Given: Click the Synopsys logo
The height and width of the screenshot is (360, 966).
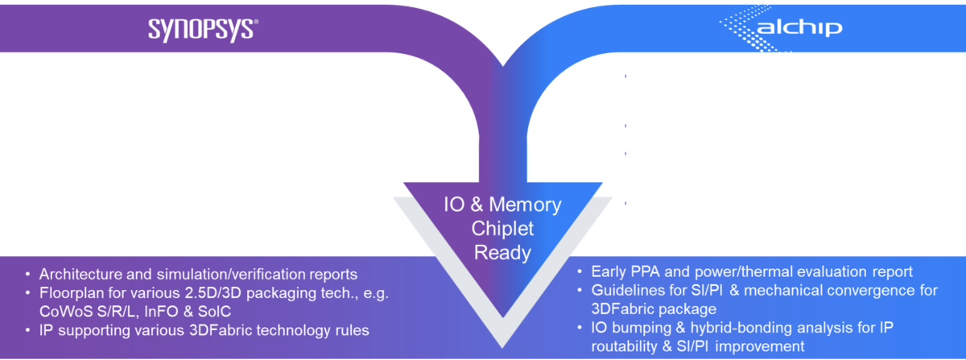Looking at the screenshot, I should (202, 29).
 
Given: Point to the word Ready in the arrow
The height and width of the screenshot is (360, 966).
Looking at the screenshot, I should (502, 253).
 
